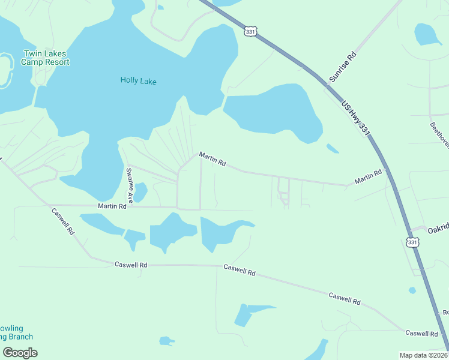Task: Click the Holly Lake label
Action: [138, 80]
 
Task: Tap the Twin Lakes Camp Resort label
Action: [46, 58]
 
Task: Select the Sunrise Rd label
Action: [343, 67]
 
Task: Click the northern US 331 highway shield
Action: [251, 30]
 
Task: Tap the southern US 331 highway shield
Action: [412, 242]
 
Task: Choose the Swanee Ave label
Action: [129, 185]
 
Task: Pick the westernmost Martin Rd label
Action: [113, 206]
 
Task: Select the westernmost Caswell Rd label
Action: [62, 221]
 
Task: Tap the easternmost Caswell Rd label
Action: [421, 333]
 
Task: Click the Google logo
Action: [20, 352]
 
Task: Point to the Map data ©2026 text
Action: [423, 355]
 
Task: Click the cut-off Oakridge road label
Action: [438, 229]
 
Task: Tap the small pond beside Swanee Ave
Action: [140, 192]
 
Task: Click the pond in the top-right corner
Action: [427, 34]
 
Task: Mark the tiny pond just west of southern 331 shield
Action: [412, 290]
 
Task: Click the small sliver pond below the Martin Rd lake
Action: [332, 148]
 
